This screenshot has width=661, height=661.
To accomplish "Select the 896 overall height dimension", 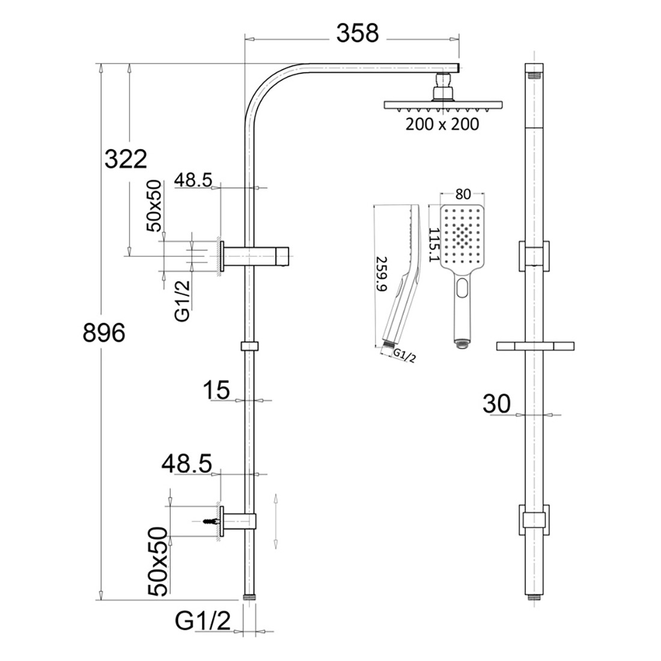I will point(103,332).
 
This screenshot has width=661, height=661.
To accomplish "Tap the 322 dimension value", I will point(126,159).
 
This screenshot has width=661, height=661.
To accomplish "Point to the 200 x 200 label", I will point(442,124).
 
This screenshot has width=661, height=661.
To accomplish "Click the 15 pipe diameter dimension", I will point(216,391).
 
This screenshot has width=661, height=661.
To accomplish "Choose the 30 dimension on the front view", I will point(496,404).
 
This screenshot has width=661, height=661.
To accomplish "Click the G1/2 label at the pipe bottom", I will point(203,621).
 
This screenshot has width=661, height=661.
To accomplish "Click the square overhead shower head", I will point(442,106).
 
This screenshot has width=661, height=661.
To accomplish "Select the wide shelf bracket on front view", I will point(534,346).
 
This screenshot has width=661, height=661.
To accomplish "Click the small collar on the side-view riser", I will point(249,346).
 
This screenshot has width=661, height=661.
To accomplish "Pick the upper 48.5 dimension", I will point(193,179).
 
